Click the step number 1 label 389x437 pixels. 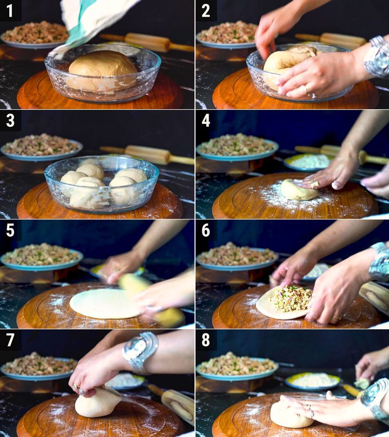pyautogui.click(x=10, y=10)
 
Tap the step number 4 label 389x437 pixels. pyautogui.click(x=206, y=120)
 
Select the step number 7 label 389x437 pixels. pyautogui.click(x=10, y=340)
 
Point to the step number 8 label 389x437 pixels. pyautogui.click(x=206, y=340)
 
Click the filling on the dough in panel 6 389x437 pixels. pyautogui.click(x=291, y=298)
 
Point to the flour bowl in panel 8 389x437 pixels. pyautogui.click(x=312, y=380)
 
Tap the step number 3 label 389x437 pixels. pyautogui.click(x=10, y=120)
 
